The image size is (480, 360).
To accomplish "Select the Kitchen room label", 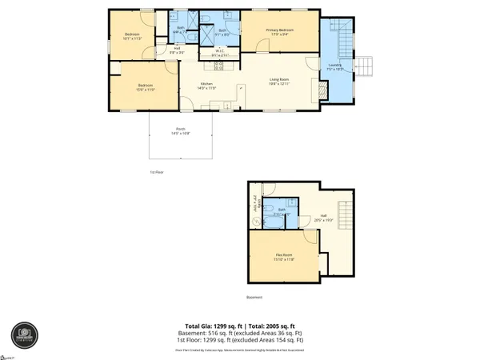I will point(206,86).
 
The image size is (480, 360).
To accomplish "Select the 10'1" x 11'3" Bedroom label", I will point(132,36).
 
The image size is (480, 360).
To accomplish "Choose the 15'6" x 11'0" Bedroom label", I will point(145,88).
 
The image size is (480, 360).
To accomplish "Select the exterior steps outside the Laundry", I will point(365,65).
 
